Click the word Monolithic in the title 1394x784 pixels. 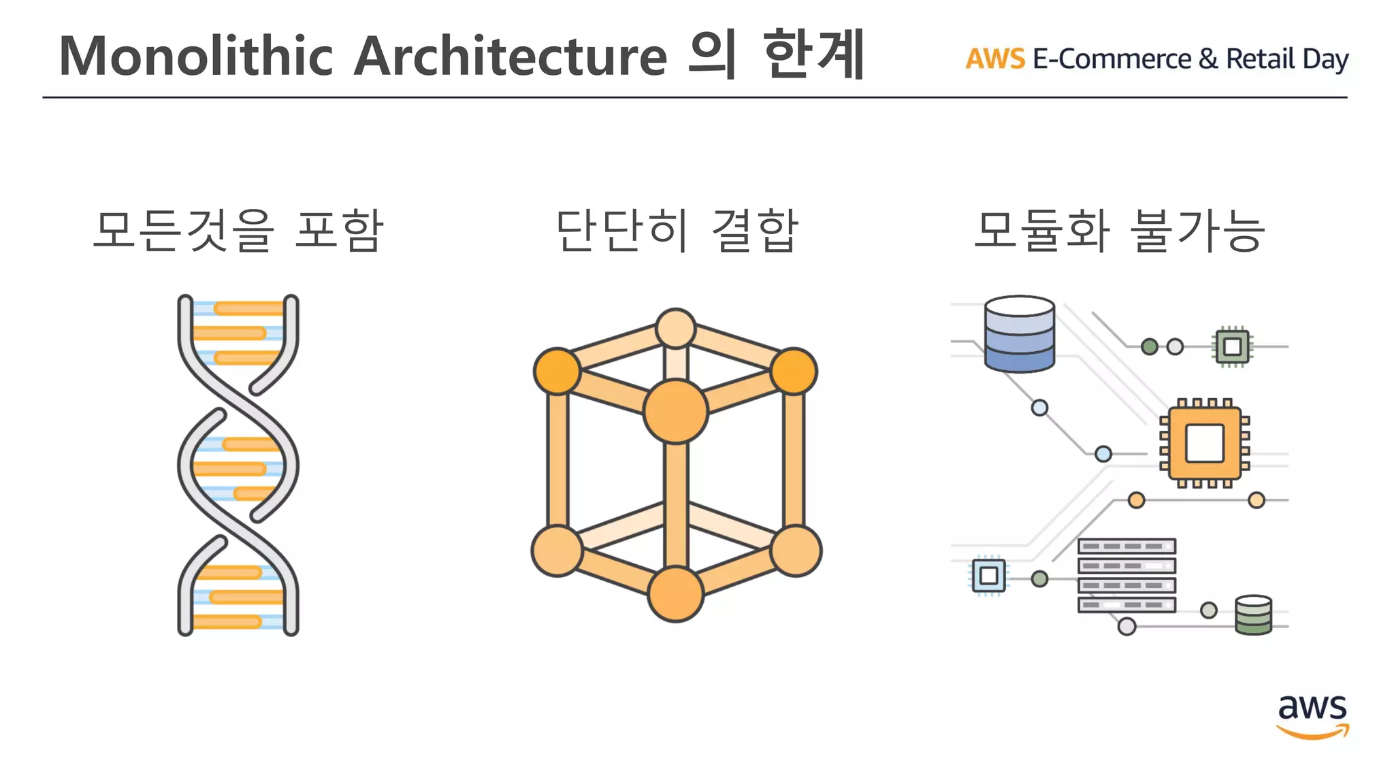coord(196,56)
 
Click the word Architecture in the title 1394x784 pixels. coord(510,56)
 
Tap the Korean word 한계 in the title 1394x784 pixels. coord(813,54)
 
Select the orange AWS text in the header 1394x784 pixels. coord(995,59)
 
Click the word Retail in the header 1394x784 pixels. coord(1260,59)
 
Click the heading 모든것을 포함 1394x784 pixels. coord(238,230)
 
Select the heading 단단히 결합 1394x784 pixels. coord(677,230)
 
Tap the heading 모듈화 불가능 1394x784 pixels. coord(1120,230)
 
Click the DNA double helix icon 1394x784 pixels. coord(238,465)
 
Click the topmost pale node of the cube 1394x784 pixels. coord(675,328)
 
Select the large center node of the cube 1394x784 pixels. coord(675,412)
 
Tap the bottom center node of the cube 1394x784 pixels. coord(675,593)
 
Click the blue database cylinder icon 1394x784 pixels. coord(1020,334)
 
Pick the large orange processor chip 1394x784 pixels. coord(1205,444)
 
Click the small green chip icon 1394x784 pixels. coord(1232,346)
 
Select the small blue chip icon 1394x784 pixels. coord(988,576)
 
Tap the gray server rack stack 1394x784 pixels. coord(1126,576)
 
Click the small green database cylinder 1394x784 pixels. coord(1253,615)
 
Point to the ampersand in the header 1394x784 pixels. coord(1207,59)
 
